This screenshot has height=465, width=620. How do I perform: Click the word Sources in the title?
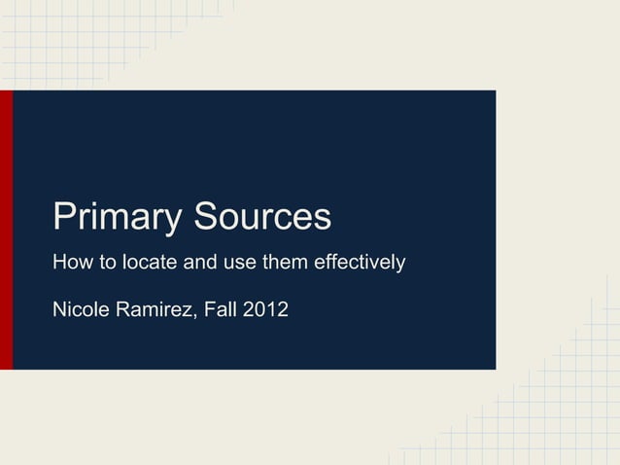click(x=262, y=216)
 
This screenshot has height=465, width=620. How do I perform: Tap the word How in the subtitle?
click(x=70, y=263)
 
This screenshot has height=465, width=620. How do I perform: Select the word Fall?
click(x=220, y=311)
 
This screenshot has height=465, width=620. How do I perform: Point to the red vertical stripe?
click(x=6, y=230)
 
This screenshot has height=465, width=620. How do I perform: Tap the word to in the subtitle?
click(x=103, y=264)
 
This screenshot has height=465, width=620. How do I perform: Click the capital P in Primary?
click(x=64, y=216)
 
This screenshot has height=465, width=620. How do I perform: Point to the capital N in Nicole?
click(x=58, y=311)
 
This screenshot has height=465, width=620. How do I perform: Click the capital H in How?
click(x=58, y=263)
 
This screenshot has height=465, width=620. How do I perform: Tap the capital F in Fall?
click(x=207, y=311)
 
